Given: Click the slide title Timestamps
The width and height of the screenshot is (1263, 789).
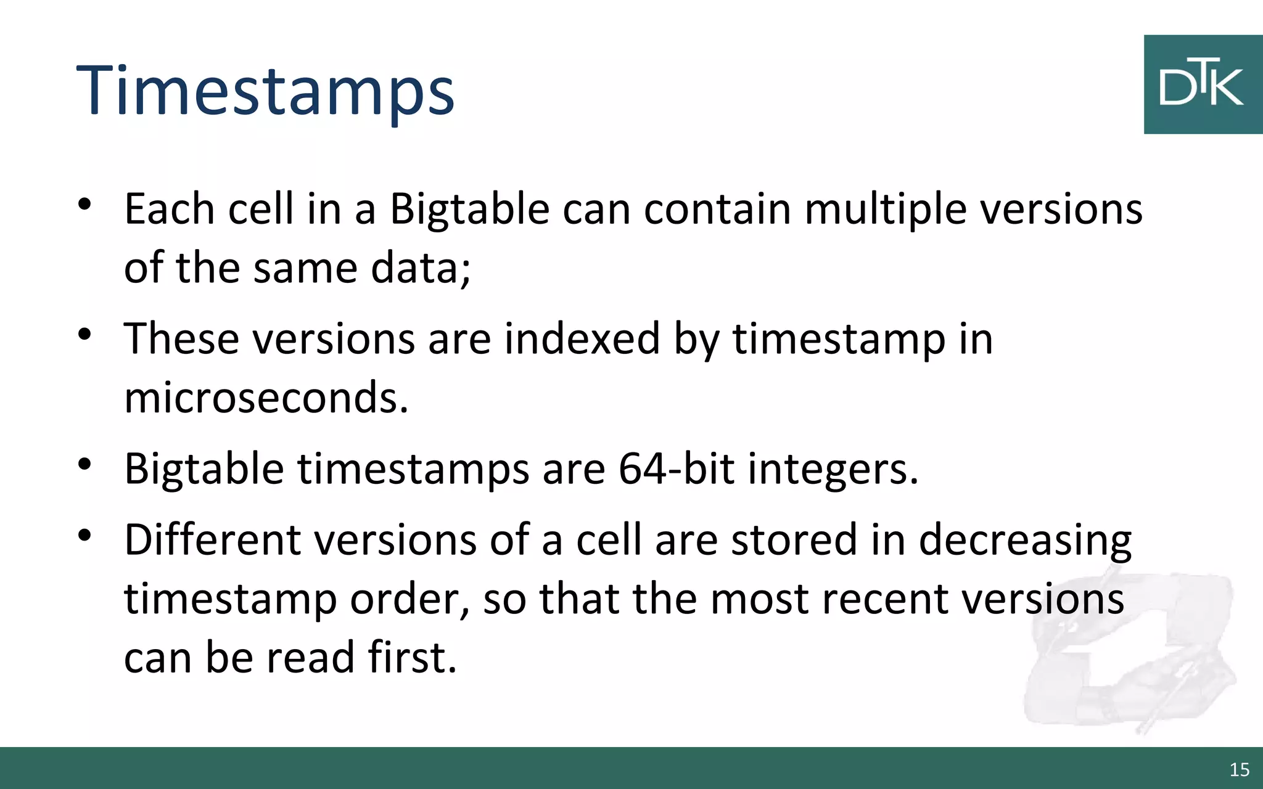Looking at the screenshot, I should click(265, 91).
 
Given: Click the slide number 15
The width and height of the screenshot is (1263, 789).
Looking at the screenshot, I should click(1239, 769).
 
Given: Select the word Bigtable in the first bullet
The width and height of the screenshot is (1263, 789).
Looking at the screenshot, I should click(469, 210).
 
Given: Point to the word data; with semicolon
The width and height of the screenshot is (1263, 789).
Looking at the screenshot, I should click(421, 269).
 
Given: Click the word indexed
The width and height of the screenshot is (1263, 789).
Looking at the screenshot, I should click(582, 339).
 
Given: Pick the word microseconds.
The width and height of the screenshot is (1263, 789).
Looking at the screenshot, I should click(266, 398).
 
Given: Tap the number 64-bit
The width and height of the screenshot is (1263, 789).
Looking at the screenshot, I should click(676, 468).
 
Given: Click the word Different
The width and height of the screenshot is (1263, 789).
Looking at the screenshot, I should click(212, 540).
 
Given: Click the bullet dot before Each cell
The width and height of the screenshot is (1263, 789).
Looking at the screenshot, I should click(84, 204).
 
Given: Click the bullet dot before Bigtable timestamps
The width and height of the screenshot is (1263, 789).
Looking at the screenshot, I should click(84, 464).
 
